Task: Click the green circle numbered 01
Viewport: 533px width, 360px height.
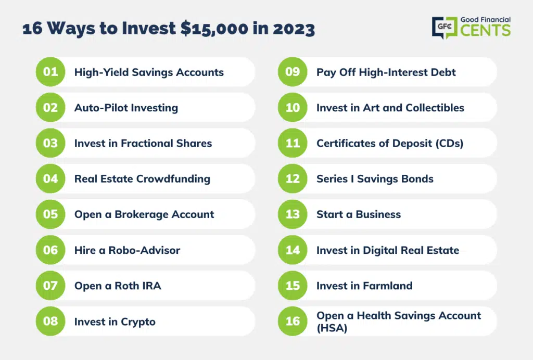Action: pos(50,72)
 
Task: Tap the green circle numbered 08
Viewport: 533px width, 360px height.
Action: pos(50,322)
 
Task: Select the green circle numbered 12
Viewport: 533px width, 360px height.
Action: pos(293,178)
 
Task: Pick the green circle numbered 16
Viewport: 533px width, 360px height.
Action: pos(293,322)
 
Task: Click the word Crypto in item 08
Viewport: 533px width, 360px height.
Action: pos(138,322)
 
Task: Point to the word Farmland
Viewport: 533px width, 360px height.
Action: pos(387,286)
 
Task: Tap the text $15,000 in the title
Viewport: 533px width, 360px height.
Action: pos(214,29)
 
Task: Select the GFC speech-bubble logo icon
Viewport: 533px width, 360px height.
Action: pos(445,28)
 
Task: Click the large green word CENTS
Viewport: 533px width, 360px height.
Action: pos(486,30)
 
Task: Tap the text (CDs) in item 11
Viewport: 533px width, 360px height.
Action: pos(449,143)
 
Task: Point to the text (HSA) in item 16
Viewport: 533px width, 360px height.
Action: pos(332,328)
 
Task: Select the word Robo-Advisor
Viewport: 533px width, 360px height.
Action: pos(144,250)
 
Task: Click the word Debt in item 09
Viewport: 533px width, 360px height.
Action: pos(443,72)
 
